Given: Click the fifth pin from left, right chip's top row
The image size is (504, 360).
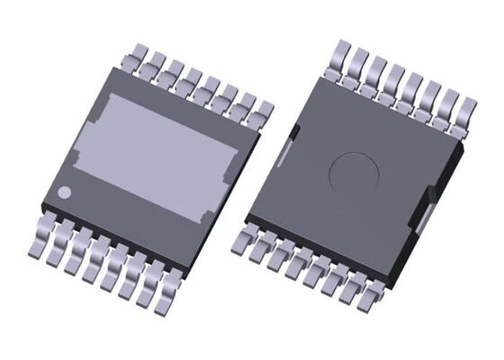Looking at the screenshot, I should (413, 85).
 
